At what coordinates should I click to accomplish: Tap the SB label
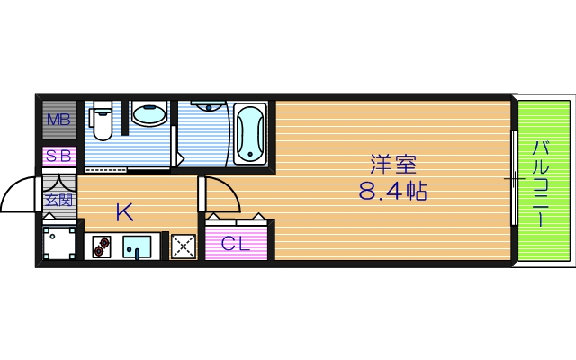pos(58,156)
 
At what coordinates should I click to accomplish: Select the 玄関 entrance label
pos(59,200)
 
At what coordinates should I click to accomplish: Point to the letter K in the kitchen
pos(124,212)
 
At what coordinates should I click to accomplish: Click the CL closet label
pos(236,242)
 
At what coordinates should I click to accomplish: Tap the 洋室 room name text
pos(393,165)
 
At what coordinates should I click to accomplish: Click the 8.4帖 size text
pos(394,192)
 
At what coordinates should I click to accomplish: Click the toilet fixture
pos(102,123)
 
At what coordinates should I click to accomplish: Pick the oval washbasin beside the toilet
pos(149,115)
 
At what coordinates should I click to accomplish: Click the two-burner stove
pos(99,246)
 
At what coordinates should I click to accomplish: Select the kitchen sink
pos(138,245)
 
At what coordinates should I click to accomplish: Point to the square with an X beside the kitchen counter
pos(184,247)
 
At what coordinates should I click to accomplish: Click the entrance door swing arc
pos(20,191)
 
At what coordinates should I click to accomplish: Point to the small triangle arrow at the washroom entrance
pos(181,158)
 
